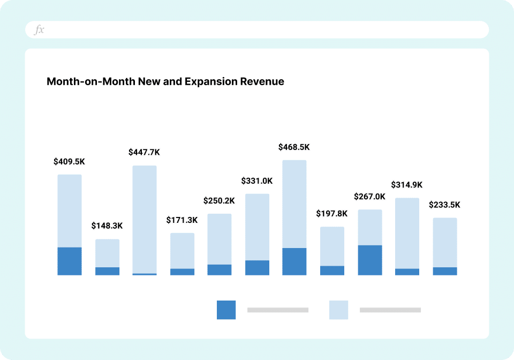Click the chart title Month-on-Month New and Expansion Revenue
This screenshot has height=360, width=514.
point(165,82)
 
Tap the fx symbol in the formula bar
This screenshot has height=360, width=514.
point(39,30)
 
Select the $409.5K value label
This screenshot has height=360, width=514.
point(69,161)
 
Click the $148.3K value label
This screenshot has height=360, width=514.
point(107,226)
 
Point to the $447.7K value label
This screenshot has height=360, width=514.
point(144,152)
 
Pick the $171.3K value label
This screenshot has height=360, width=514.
point(182,220)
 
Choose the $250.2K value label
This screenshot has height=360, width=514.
point(219,201)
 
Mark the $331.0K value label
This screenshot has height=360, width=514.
point(257,181)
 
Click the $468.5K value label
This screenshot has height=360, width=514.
point(294,147)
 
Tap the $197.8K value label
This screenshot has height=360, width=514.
point(332,214)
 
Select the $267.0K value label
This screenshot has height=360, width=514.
point(369,197)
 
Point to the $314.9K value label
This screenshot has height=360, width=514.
point(407,185)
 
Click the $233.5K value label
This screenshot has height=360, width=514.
point(444,205)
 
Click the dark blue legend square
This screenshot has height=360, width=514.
point(226,310)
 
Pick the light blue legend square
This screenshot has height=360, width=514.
point(338,310)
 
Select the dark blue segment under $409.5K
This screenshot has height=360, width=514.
point(70,261)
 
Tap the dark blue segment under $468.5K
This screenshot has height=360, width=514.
point(294,261)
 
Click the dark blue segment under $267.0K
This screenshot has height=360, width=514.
point(370,260)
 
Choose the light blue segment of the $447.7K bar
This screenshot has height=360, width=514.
point(145,220)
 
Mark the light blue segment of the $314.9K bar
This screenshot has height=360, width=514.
point(407,233)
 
